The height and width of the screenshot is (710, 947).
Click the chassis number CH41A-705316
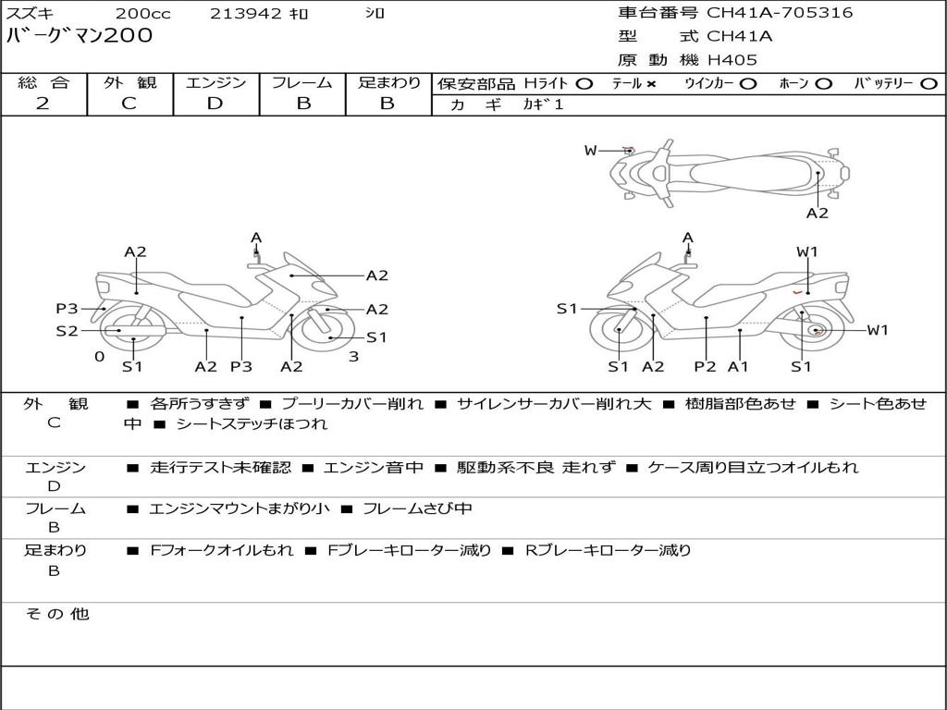(780, 13)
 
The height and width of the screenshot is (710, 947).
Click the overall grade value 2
(43, 104)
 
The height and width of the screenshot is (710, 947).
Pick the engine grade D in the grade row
(215, 104)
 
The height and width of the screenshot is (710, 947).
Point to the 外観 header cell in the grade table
(129, 83)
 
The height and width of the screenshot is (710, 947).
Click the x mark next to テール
(651, 84)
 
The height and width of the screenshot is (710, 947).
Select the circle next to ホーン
(824, 84)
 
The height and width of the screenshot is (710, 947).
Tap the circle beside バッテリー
(929, 84)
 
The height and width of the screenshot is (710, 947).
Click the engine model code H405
(732, 60)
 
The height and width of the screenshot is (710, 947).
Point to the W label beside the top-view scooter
(590, 151)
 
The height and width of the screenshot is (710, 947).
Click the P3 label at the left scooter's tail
(67, 309)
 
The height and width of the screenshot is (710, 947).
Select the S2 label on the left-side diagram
(67, 330)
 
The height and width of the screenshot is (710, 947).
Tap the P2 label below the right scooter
(706, 367)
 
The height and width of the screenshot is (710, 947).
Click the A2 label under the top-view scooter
(817, 214)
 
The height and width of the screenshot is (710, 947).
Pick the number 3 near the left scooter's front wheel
(353, 356)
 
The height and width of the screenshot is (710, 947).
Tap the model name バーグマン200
(80, 37)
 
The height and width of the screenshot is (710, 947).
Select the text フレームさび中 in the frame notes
(417, 508)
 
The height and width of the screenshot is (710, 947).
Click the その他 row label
(57, 614)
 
